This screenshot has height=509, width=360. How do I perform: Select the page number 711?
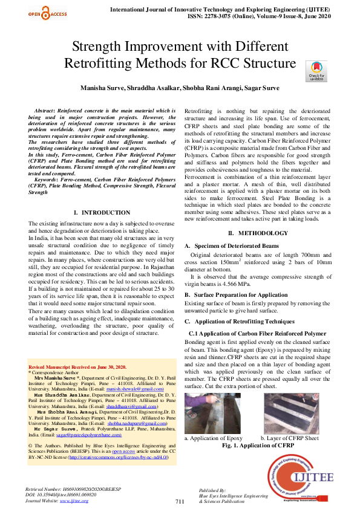(x=180, y=502)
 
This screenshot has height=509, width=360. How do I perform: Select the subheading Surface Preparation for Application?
(x=240, y=294)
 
